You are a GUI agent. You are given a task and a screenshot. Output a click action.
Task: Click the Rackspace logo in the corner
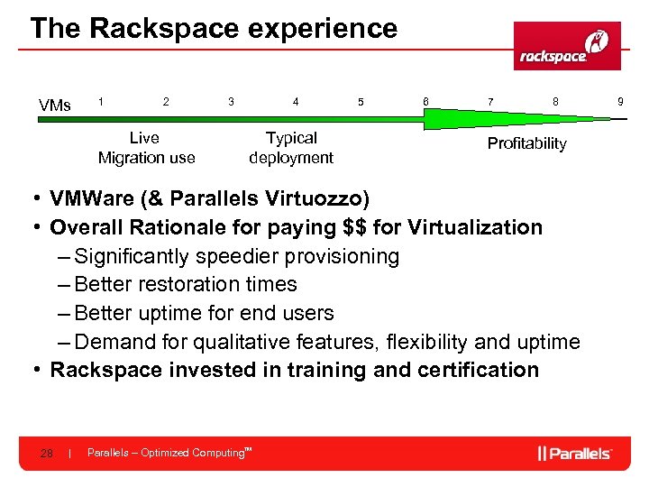coord(567,46)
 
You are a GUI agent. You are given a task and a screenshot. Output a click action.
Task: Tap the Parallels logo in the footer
coord(575,453)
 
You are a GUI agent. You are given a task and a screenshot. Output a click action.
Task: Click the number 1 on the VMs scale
coord(101,103)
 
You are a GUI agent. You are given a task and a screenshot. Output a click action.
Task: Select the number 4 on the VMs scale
coord(296,103)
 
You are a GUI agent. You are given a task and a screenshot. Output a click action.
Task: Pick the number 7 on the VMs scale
coord(490,103)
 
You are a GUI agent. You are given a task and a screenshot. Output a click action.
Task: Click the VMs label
coord(55,106)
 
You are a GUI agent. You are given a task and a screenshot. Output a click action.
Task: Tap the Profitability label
coord(526,143)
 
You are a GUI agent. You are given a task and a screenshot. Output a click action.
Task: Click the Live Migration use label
coord(146,148)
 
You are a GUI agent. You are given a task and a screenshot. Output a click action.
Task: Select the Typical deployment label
coord(291,148)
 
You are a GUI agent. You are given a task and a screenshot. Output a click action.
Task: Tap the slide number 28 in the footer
coord(46,454)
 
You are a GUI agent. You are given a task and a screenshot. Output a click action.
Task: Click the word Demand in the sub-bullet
coord(112,342)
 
